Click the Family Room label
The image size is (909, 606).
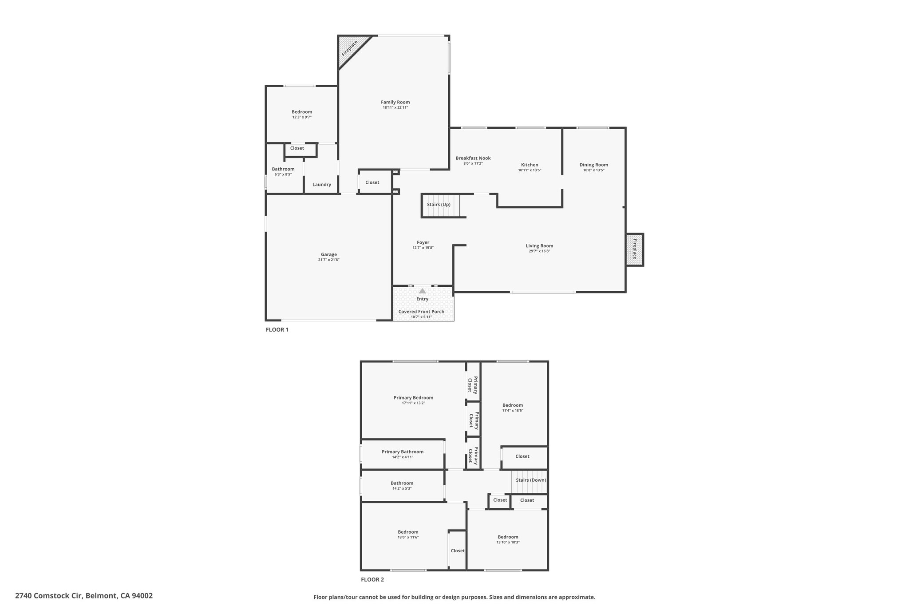[x=395, y=102]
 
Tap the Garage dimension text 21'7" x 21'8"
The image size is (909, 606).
[x=328, y=260]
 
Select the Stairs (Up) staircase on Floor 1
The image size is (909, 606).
[x=440, y=205]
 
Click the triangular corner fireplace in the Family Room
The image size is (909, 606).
[x=351, y=49]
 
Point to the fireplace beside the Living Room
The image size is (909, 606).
[x=634, y=250]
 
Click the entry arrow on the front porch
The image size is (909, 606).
[x=423, y=291]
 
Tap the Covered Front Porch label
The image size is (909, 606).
[x=421, y=312]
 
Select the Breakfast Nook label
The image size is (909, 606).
[x=473, y=158]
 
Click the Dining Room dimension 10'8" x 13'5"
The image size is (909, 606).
[x=594, y=170]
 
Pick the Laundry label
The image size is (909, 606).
[x=322, y=185]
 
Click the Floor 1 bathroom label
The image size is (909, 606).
[x=283, y=169]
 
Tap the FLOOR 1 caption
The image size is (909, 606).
[x=277, y=330]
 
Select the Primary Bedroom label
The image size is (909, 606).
[x=413, y=398]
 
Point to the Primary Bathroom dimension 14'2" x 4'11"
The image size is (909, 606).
[x=403, y=457]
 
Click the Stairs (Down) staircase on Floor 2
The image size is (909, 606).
[x=530, y=482]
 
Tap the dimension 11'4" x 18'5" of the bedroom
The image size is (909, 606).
[x=513, y=411]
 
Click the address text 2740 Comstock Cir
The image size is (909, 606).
[x=48, y=596]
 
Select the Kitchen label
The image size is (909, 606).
[x=530, y=165]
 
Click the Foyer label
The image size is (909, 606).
[x=423, y=242]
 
